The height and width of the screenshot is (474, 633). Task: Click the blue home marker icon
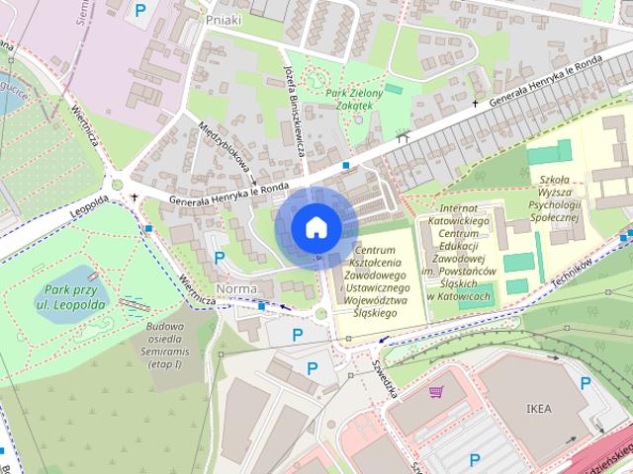[315, 227]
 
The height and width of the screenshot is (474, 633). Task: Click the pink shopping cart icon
[435, 392]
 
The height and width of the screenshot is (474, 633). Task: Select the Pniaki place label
[225, 18]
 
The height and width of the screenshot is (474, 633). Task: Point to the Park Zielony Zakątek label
[349, 99]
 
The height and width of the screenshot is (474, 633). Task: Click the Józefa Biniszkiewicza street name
[294, 113]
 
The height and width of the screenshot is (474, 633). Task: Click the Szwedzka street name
[385, 374]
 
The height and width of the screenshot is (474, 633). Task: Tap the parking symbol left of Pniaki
[140, 11]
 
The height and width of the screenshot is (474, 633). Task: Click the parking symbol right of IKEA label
[586, 383]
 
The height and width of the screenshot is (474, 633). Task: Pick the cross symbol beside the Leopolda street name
[135, 197]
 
